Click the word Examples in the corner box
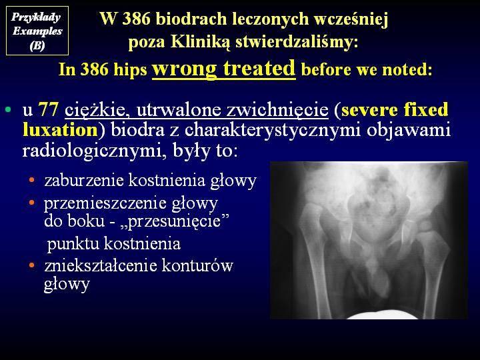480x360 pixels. [37, 31]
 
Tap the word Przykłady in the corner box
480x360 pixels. [35, 17]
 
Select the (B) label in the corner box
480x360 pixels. [37, 45]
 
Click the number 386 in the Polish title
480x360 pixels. [136, 19]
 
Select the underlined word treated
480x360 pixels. [259, 68]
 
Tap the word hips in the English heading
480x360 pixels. [130, 70]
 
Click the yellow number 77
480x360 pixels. [49, 109]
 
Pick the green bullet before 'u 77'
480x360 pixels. [8, 109]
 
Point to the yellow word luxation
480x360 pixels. [60, 130]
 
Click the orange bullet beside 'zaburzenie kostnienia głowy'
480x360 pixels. [32, 180]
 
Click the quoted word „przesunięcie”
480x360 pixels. [178, 221]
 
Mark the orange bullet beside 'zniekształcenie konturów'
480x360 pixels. [32, 265]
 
